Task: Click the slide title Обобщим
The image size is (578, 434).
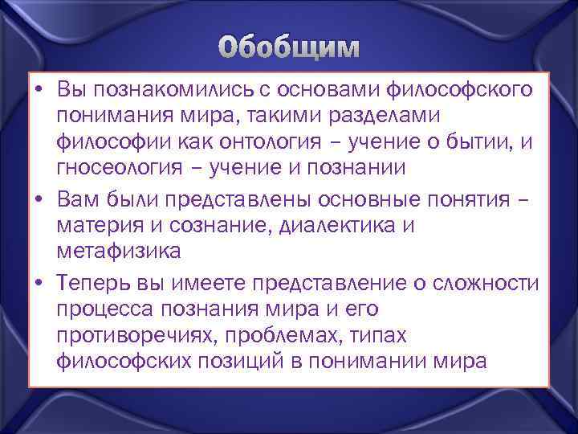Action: point(288,47)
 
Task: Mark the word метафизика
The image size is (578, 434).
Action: point(119,252)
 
